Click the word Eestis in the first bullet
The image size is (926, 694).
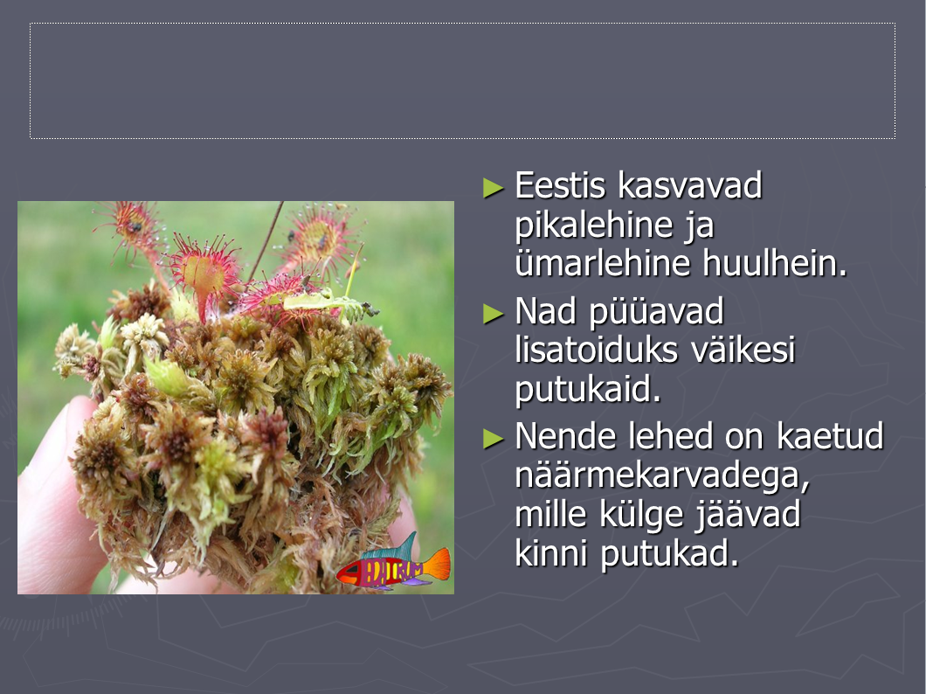pos(561,185)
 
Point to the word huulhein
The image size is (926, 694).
pos(775,263)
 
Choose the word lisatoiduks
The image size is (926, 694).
pos(596,350)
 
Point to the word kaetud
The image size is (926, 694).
pos(830,436)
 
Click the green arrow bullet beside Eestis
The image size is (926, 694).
pos(493,188)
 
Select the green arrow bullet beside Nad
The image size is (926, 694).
pos(493,314)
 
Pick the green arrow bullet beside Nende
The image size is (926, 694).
pos(493,439)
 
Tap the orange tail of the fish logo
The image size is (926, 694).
pos(436,564)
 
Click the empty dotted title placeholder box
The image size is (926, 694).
pos(462,81)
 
